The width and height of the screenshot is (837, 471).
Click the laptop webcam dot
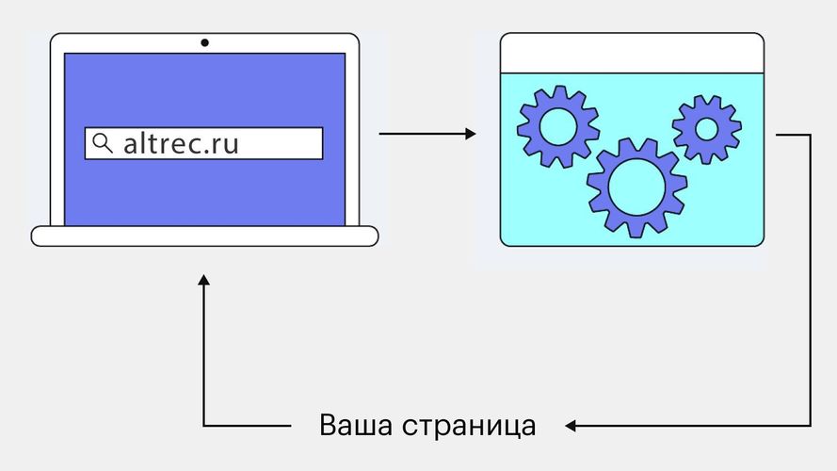click(204, 42)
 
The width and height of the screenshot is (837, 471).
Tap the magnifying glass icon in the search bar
click(102, 143)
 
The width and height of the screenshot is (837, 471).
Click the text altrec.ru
click(181, 143)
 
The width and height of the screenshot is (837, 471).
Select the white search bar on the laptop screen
click(273, 143)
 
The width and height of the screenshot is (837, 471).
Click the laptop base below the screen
click(204, 235)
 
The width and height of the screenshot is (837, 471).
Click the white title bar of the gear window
click(631, 53)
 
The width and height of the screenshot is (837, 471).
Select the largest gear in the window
click(636, 187)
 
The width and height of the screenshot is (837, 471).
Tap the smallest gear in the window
click(706, 129)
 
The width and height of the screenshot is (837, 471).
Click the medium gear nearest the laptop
click(557, 126)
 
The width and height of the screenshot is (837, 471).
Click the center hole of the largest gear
click(636, 187)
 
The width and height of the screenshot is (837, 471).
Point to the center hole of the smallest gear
click(706, 129)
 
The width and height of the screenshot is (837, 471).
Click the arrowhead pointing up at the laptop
click(203, 280)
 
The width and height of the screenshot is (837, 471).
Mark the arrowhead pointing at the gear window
click(472, 134)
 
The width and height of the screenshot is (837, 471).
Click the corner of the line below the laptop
click(203, 426)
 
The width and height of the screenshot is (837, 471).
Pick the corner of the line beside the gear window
click(810, 135)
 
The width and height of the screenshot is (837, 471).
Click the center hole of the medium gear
click(557, 126)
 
